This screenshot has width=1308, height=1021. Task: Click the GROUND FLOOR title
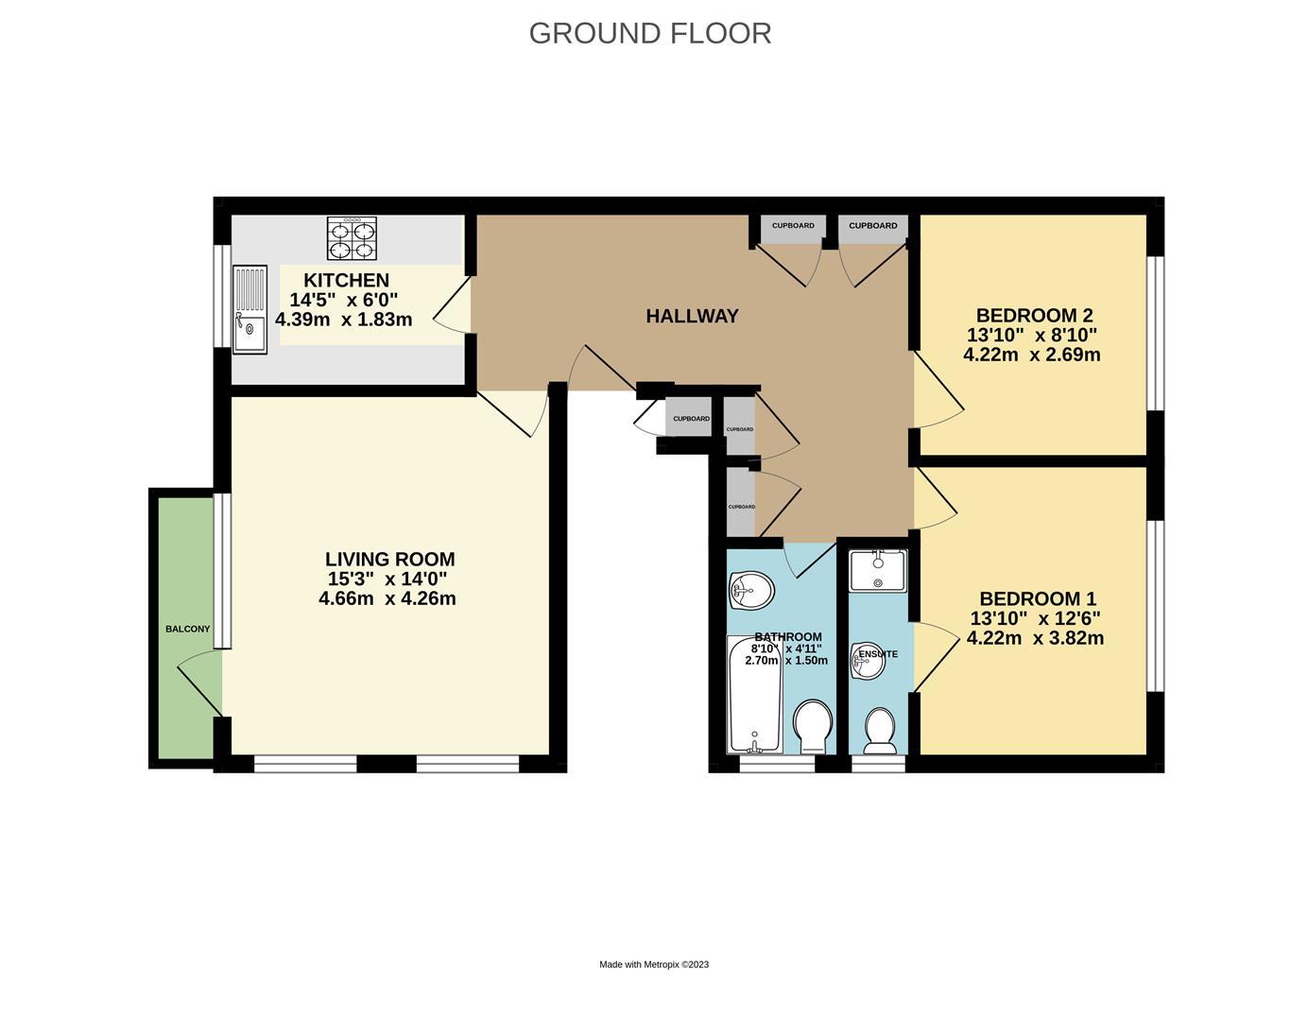pyautogui.click(x=649, y=33)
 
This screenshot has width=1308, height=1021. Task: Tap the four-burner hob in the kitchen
pyautogui.click(x=352, y=238)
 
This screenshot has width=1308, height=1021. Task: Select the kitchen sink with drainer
pyautogui.click(x=250, y=309)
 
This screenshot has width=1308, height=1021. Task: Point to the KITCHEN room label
pyautogui.click(x=346, y=281)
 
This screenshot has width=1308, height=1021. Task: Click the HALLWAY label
pyautogui.click(x=692, y=316)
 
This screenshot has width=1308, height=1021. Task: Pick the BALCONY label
pyautogui.click(x=188, y=629)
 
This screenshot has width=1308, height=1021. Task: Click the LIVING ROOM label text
pyautogui.click(x=390, y=560)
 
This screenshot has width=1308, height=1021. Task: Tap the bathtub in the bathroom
pyautogui.click(x=755, y=694)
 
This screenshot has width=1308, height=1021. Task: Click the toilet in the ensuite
pyautogui.click(x=880, y=731)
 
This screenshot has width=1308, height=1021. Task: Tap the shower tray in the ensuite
pyautogui.click(x=878, y=570)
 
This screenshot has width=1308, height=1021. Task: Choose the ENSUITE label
pyautogui.click(x=878, y=654)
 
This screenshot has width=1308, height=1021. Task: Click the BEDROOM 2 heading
pyautogui.click(x=1034, y=316)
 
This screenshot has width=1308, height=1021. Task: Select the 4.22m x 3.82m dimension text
pyautogui.click(x=1035, y=638)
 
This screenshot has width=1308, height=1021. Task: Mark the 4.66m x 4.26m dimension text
pyautogui.click(x=387, y=599)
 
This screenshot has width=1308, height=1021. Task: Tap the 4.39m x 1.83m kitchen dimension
pyautogui.click(x=344, y=320)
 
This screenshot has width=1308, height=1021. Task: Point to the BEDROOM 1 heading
pyautogui.click(x=1038, y=599)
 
